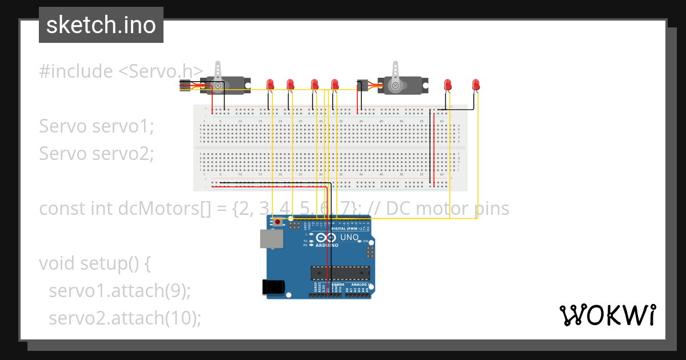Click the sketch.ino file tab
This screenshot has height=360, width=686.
tap(101, 25)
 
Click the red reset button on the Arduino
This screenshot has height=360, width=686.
tap(278, 222)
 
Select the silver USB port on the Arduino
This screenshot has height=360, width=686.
tap(272, 239)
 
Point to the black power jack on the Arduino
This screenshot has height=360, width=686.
tap(272, 287)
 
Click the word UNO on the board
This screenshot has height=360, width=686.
tap(349, 237)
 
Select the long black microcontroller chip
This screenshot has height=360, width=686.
tap(340, 274)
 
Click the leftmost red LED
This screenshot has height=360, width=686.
tap(270, 85)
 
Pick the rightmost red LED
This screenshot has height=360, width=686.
tap(476, 85)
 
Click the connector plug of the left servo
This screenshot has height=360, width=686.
tap(185, 86)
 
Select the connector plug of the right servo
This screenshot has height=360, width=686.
tap(362, 86)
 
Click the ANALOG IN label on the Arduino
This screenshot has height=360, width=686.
tap(358, 285)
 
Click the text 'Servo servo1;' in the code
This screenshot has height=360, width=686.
tap(97, 126)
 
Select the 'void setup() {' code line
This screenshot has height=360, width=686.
tap(94, 263)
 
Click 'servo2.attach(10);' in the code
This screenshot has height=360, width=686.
tap(125, 318)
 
